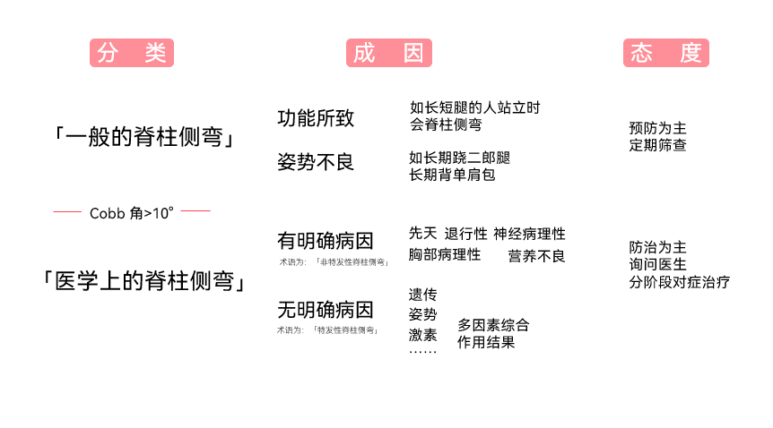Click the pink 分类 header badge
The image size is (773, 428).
click(x=131, y=53)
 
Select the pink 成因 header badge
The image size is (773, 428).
click(x=388, y=53)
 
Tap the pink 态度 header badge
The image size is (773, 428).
click(x=665, y=53)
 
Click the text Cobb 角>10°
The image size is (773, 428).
click(x=132, y=213)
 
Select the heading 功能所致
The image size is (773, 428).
click(x=316, y=117)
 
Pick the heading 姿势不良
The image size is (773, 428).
click(x=316, y=162)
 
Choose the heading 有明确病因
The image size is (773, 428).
click(x=326, y=241)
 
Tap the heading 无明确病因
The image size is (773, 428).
click(x=326, y=310)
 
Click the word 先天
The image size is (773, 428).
click(x=422, y=234)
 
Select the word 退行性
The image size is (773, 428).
click(x=466, y=234)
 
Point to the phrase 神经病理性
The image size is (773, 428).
click(x=529, y=234)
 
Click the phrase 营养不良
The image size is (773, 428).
click(x=536, y=256)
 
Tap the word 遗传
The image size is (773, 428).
click(x=422, y=295)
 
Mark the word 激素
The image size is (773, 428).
click(x=422, y=335)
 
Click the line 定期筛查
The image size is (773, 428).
click(x=657, y=144)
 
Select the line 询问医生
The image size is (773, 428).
click(x=657, y=264)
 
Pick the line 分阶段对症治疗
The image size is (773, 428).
click(x=679, y=282)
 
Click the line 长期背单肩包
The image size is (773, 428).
click(x=452, y=175)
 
